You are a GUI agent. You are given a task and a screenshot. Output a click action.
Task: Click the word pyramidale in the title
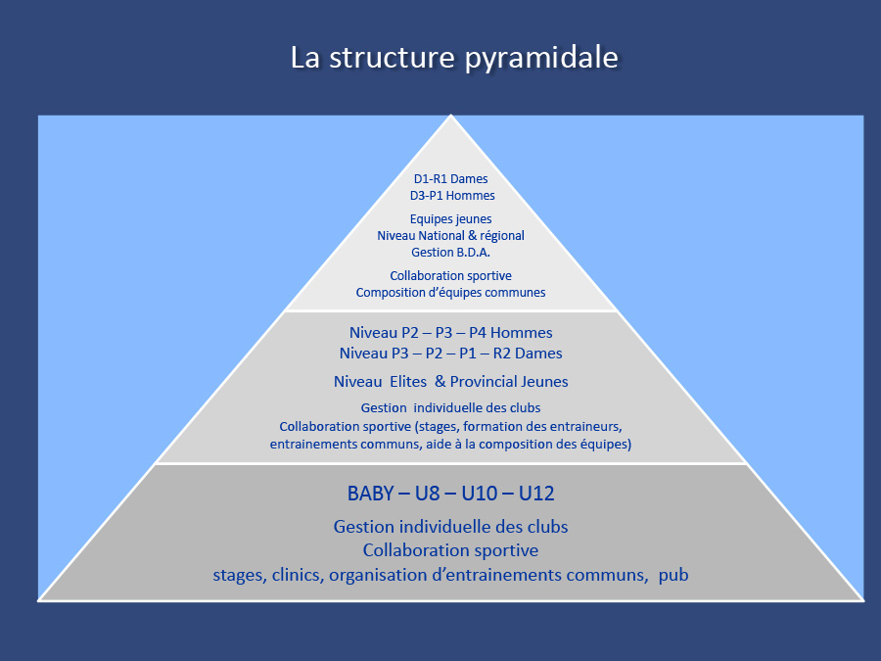click(541, 58)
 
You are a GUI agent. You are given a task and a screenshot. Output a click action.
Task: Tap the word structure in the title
click(392, 58)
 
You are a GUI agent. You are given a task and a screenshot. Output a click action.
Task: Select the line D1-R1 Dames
click(450, 179)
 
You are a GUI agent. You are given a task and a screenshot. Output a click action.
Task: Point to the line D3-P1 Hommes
click(452, 196)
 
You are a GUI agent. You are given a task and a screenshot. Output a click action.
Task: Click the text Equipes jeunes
click(450, 219)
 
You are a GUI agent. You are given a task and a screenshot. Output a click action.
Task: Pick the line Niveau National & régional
click(450, 235)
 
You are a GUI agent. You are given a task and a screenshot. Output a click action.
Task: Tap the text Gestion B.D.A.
click(450, 253)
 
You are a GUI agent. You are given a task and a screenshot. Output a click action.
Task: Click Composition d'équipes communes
click(450, 293)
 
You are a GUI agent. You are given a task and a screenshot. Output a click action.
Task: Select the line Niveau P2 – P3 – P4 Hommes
click(450, 333)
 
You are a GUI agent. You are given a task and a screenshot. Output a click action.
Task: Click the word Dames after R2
click(538, 354)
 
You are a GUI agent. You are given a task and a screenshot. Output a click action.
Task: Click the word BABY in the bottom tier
click(370, 494)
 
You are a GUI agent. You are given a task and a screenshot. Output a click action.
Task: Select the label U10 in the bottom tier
click(480, 494)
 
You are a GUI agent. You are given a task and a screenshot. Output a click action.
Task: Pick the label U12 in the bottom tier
click(536, 494)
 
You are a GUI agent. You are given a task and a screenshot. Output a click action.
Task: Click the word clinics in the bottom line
click(298, 575)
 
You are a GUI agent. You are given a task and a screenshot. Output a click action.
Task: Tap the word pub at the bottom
click(673, 576)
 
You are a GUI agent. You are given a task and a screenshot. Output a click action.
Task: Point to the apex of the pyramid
click(450, 116)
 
